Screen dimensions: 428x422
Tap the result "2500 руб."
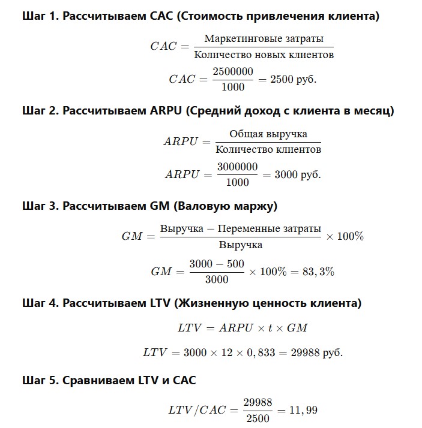tap(294, 79)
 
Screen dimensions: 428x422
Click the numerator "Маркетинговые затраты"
tap(264, 39)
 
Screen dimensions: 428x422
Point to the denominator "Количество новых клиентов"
tap(264, 55)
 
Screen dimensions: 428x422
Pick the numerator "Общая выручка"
tap(268, 134)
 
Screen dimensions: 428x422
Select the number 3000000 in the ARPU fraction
tap(237, 167)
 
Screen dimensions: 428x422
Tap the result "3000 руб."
tap(298, 174)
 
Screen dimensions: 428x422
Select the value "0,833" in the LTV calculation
tap(260, 352)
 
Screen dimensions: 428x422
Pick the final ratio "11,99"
tap(303, 410)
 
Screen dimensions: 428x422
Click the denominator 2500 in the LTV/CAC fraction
tap(258, 418)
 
